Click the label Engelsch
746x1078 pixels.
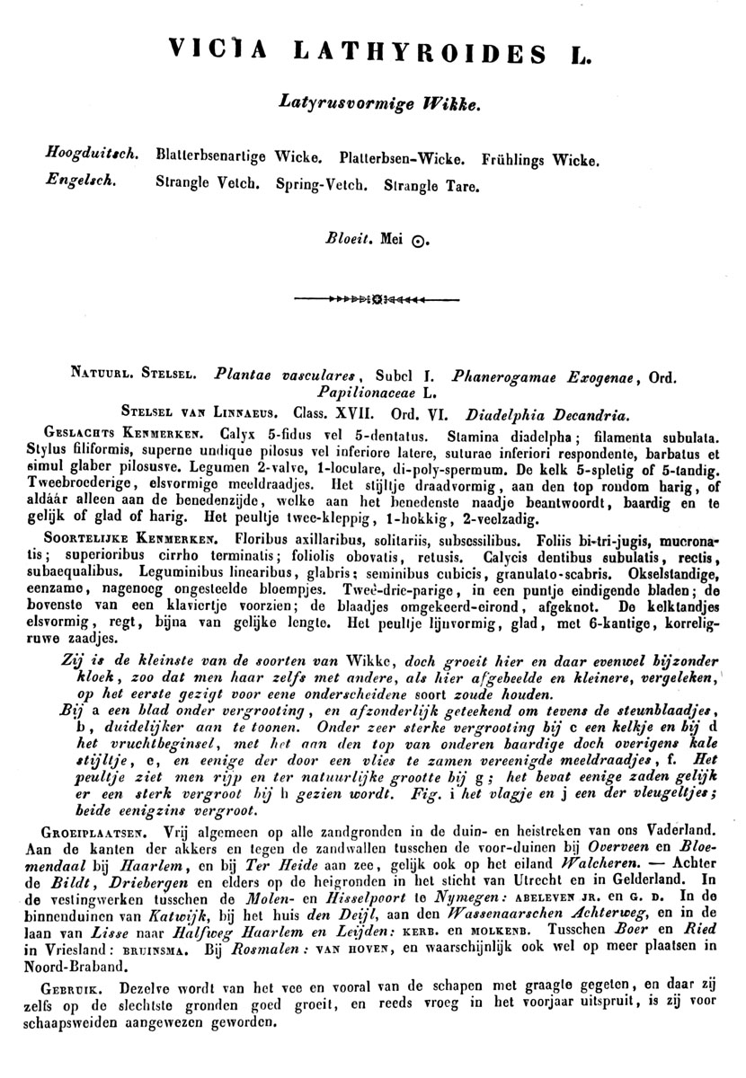80,179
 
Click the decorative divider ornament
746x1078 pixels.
374,296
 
